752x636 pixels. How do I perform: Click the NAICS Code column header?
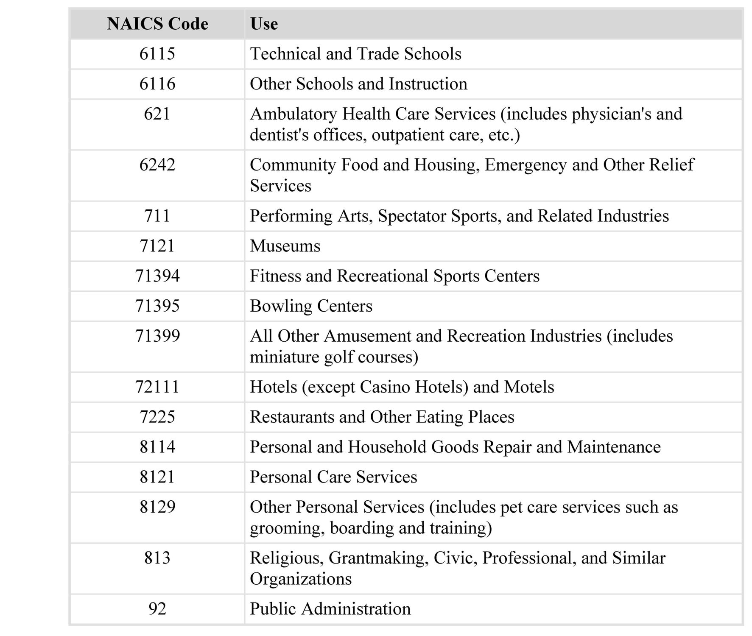(157, 24)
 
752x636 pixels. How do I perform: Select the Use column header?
(264, 24)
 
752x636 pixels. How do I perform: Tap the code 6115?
(157, 54)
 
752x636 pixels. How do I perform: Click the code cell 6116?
(157, 84)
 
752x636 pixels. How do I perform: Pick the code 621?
(157, 114)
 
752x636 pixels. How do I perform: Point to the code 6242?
(157, 165)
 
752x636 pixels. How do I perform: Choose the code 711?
(157, 216)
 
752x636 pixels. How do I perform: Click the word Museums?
(285, 246)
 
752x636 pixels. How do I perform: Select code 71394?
(157, 276)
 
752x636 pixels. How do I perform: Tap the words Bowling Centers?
(311, 306)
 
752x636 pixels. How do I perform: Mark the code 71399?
(157, 336)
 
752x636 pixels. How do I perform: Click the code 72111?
(157, 387)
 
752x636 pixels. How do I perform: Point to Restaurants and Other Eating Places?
(382, 417)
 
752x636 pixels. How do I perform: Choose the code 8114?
(157, 447)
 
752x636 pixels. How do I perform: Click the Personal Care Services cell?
(333, 477)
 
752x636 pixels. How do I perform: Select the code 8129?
(157, 507)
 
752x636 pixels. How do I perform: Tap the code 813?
(157, 558)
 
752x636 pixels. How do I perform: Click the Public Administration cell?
(330, 609)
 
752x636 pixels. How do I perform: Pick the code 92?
(157, 609)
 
